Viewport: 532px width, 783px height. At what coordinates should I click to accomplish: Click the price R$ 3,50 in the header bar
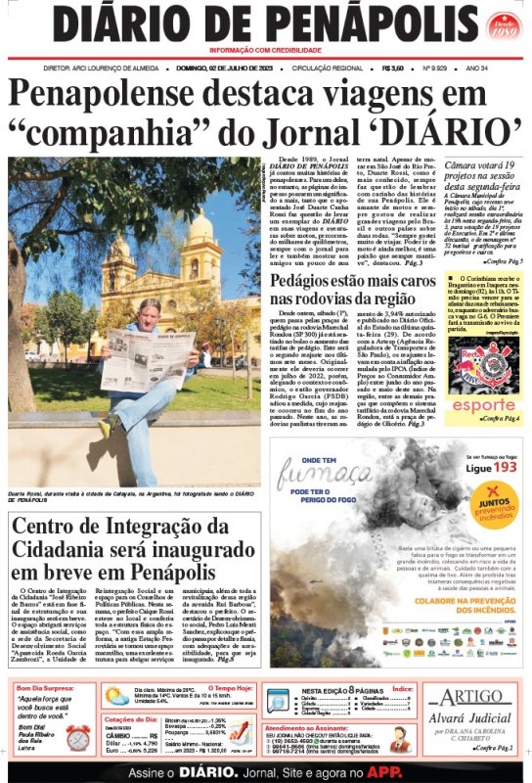(393, 69)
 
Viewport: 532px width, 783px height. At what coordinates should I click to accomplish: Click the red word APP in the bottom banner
(390, 771)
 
